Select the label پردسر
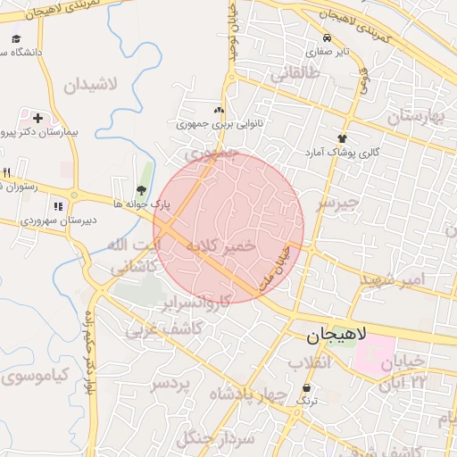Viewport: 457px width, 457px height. pyautogui.click(x=170, y=384)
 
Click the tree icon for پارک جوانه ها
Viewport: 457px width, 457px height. pyautogui.click(x=141, y=189)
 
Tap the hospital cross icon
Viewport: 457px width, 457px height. pyautogui.click(x=37, y=117)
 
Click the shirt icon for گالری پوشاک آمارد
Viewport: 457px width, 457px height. pyautogui.click(x=342, y=138)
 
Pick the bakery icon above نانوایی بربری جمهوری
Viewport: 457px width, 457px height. pyautogui.click(x=219, y=108)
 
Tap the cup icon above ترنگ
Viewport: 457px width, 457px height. pyautogui.click(x=308, y=388)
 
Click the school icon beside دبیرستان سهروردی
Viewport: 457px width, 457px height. pyautogui.click(x=58, y=207)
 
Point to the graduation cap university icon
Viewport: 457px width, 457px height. pyautogui.click(x=16, y=39)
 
